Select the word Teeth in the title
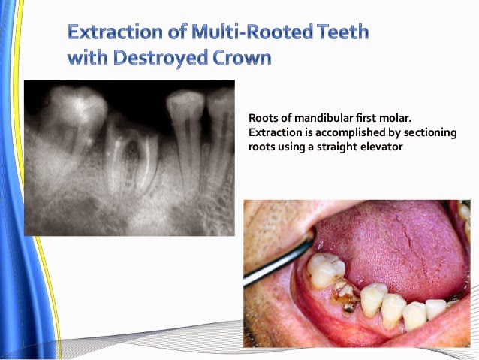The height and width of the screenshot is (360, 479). (339, 32)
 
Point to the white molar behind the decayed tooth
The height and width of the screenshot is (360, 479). (326, 270)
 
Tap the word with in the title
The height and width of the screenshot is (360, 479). (86, 58)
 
